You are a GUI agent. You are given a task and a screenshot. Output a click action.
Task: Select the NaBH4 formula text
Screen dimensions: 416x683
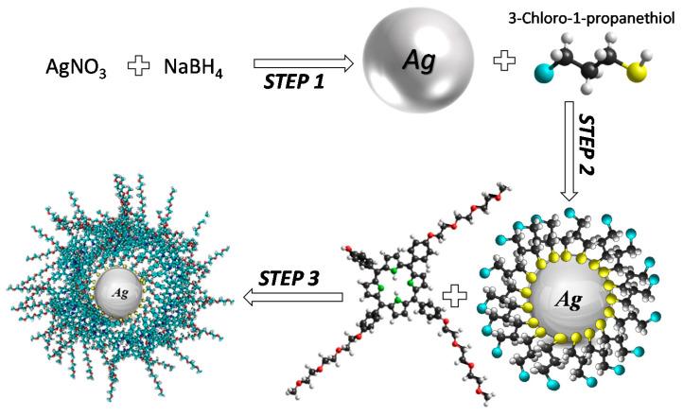coord(193,68)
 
